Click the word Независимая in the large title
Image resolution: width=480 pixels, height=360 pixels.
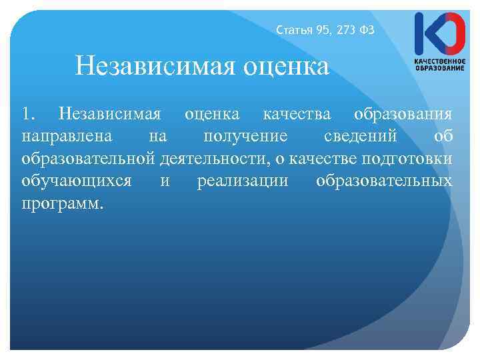[x=160, y=67]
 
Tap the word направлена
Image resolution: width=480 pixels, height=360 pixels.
[x=61, y=137]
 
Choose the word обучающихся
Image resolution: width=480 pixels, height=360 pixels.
[x=76, y=182]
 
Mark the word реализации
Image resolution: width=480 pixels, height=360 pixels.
[x=243, y=182]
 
